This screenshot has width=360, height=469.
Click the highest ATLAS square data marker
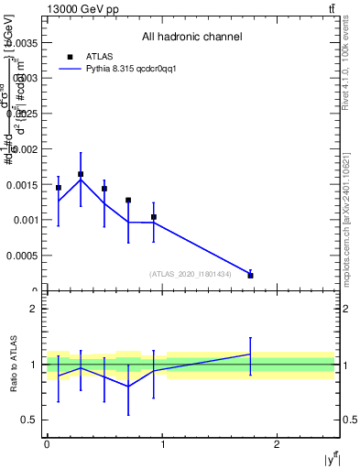tap(81, 174)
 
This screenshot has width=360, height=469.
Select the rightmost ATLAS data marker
tap(250, 275)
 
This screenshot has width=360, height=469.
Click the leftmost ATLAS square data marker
tap(58, 188)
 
